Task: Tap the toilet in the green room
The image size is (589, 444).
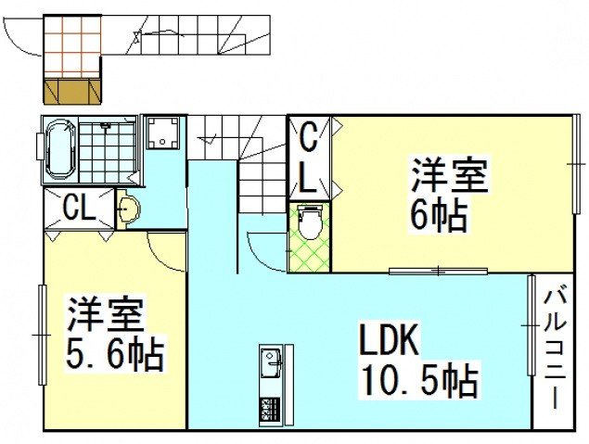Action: (310, 223)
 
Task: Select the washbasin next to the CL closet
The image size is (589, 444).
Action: (129, 209)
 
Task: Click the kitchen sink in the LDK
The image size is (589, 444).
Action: (272, 364)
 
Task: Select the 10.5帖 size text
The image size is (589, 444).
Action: (419, 379)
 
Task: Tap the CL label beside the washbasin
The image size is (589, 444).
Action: (78, 209)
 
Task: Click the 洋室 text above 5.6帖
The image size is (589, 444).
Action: (104, 315)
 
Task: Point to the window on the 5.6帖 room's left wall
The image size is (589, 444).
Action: (41, 333)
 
